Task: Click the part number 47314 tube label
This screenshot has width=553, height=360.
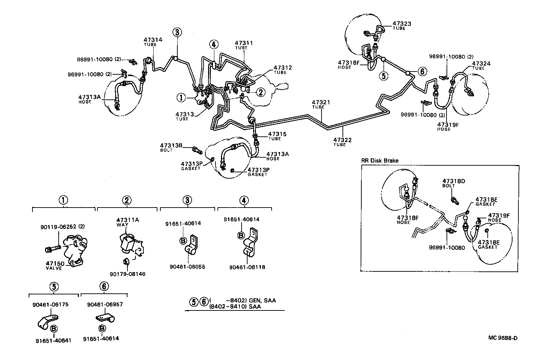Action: [x=153, y=40]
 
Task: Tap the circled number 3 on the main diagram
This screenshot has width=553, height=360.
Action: [x=177, y=32]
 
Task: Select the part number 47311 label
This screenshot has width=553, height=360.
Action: [x=244, y=43]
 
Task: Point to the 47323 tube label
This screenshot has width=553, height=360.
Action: [x=401, y=24]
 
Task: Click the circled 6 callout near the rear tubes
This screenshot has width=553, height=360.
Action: [x=422, y=72]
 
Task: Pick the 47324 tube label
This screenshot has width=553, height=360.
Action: [x=481, y=63]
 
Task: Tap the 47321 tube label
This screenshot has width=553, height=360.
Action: [x=321, y=103]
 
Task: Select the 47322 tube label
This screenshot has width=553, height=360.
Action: [x=342, y=140]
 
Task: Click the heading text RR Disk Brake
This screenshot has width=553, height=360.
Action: [x=380, y=160]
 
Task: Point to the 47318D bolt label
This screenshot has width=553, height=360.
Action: [x=454, y=181]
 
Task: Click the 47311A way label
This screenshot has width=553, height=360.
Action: [x=127, y=220]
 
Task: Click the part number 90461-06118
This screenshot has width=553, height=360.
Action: [x=247, y=267]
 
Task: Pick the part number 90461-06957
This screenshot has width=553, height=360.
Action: [x=105, y=305]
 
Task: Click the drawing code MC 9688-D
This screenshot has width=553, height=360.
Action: [x=503, y=338]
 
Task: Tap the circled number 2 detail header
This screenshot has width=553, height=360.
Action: [x=127, y=200]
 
